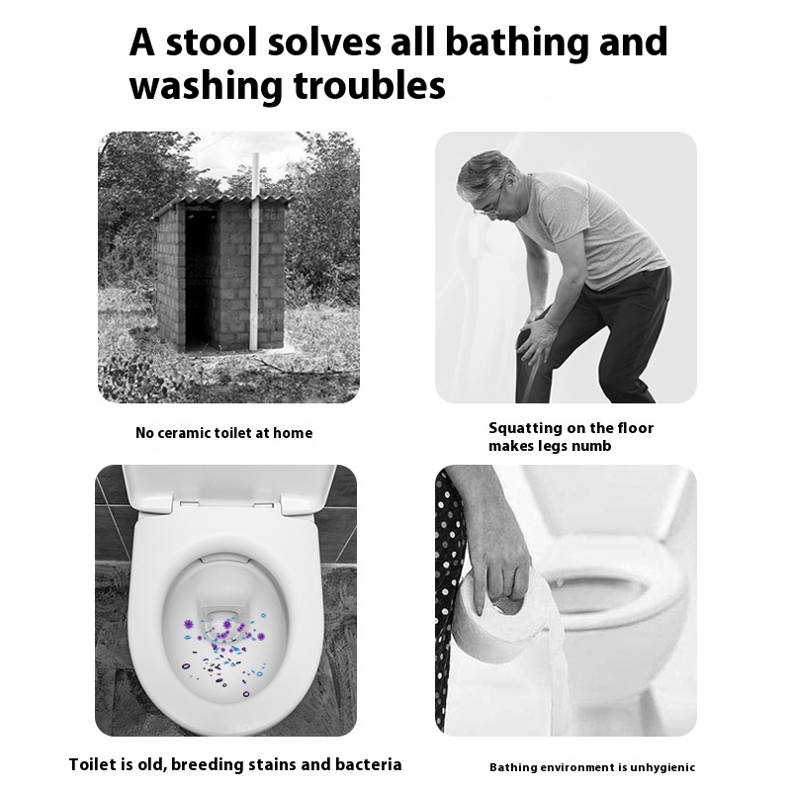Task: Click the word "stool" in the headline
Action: [x=211, y=42]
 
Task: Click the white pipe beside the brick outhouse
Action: [x=255, y=251]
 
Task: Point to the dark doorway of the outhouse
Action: [x=202, y=279]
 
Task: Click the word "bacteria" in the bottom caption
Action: [x=368, y=764]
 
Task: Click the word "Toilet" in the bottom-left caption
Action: [x=93, y=764]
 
